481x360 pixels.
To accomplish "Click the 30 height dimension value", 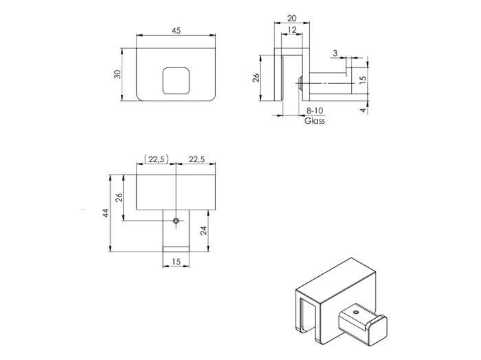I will point(118,74).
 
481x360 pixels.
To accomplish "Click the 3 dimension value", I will point(335,53).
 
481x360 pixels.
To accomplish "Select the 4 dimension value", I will point(363,109).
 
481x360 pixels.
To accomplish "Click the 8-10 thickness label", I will point(314,111).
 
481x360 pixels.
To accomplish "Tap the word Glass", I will point(315,121).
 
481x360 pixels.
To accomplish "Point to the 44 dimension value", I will point(106,213).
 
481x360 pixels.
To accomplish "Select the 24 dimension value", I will point(203,231).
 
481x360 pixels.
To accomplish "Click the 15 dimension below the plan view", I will point(176,262).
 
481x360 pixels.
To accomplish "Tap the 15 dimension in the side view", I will point(363,79).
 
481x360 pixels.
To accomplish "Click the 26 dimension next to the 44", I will point(118,198).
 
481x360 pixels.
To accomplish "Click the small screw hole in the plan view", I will point(177,221).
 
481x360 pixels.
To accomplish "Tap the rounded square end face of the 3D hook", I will point(376,331).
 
